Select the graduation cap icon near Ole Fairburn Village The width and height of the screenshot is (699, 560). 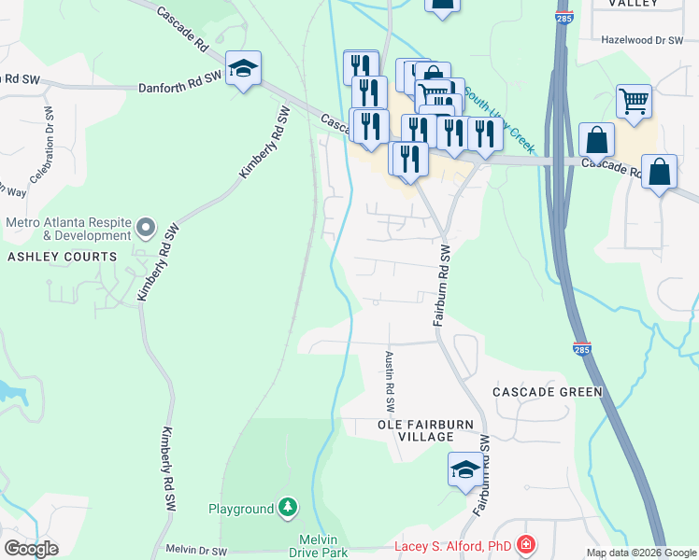tap(464, 470)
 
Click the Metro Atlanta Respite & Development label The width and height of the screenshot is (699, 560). tap(68, 231)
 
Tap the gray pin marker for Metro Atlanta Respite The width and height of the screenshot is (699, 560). tap(145, 227)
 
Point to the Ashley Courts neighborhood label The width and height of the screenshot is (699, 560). tap(64, 257)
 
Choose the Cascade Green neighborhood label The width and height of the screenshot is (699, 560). tap(547, 392)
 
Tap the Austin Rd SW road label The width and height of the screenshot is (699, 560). tap(390, 382)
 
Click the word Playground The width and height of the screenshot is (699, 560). tap(240, 509)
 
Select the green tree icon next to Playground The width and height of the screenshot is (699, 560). tap(289, 508)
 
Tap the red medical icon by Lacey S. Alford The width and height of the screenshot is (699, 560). tap(526, 544)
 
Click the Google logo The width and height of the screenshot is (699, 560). tap(31, 548)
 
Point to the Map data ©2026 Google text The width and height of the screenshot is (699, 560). tap(641, 553)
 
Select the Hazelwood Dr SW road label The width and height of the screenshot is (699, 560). tap(643, 40)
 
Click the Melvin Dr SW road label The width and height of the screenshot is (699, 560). tap(196, 552)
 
